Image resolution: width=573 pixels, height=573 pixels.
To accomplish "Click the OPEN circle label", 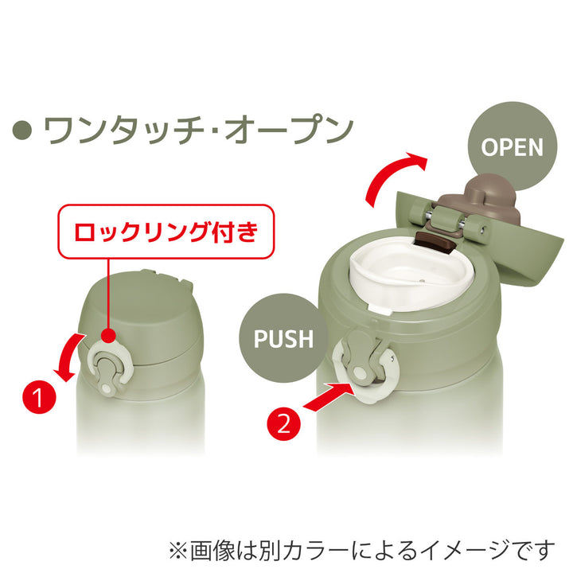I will coord(513,146).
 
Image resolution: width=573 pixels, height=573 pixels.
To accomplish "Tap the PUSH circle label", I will coord(283,337).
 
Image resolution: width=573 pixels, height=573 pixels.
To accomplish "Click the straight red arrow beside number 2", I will coord(327,398).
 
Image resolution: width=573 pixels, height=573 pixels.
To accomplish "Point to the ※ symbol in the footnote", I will coord(176,548).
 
